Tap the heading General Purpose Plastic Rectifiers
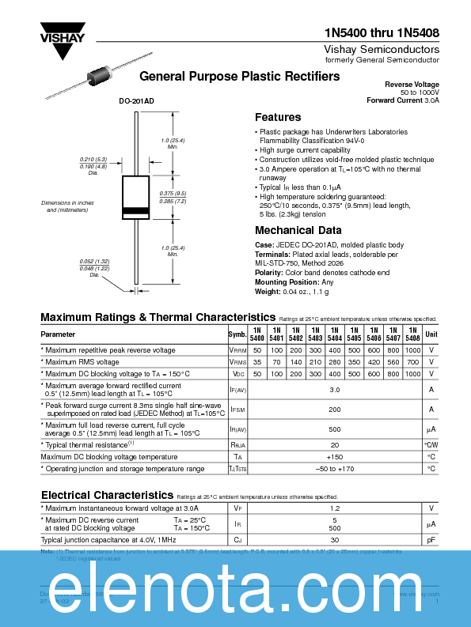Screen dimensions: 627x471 (x=239, y=77)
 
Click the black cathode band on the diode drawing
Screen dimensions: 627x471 (x=137, y=211)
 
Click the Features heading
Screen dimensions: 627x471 (x=277, y=117)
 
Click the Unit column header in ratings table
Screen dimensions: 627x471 (x=431, y=334)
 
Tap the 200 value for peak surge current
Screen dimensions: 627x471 (x=334, y=410)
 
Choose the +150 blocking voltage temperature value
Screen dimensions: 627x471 (x=334, y=456)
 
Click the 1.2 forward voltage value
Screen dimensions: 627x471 (x=334, y=508)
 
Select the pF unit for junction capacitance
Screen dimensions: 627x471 (x=431, y=540)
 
